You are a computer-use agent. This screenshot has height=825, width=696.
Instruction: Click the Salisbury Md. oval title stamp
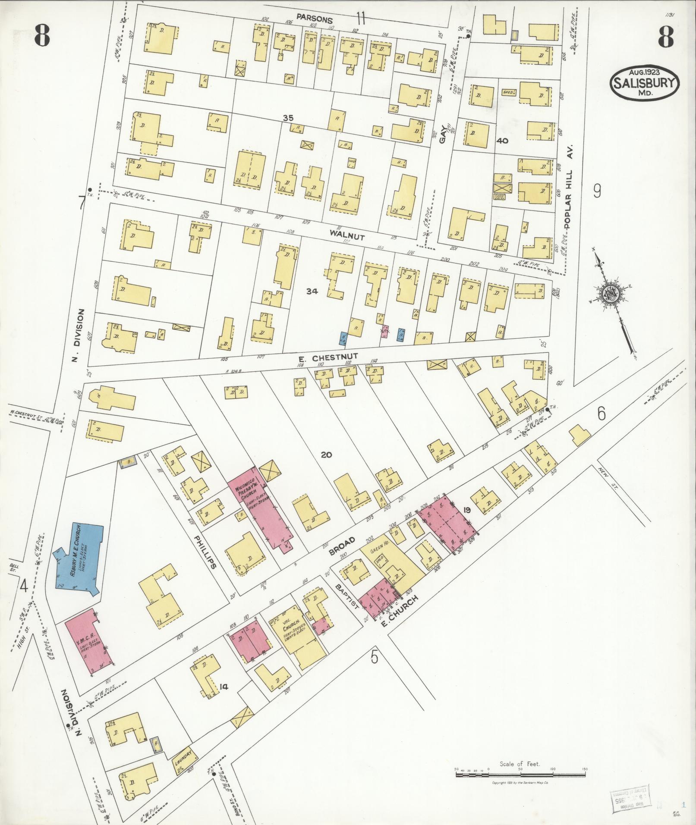coord(644,83)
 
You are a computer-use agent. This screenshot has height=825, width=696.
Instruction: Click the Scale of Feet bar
coord(520,775)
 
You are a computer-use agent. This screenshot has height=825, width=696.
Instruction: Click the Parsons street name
coord(315,20)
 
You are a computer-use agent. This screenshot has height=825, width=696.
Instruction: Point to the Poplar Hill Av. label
coord(568,186)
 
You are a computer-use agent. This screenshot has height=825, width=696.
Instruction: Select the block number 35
coord(288,118)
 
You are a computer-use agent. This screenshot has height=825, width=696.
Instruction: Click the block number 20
coord(326,455)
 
